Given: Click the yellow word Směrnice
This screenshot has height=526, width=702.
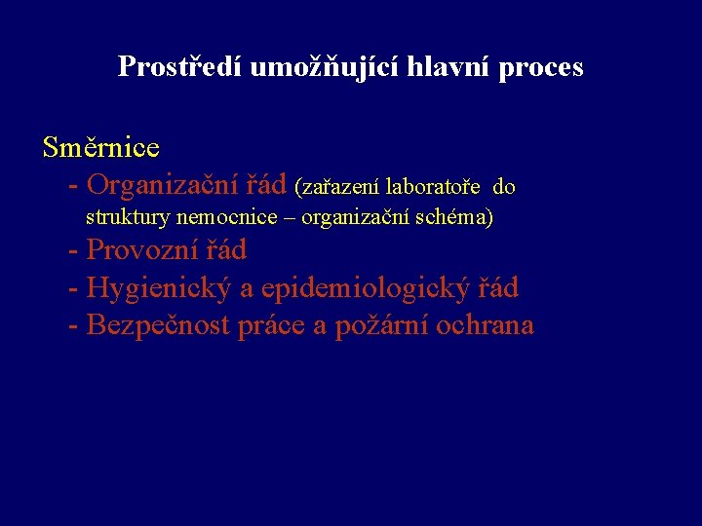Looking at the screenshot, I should point(101,148).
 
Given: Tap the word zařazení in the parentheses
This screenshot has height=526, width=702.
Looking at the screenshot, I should point(341,186).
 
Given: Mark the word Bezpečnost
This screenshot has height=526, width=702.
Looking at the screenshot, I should point(159,325).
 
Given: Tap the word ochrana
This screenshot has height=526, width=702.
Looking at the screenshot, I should point(486,325).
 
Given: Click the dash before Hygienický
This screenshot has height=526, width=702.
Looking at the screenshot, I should point(74,289).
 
